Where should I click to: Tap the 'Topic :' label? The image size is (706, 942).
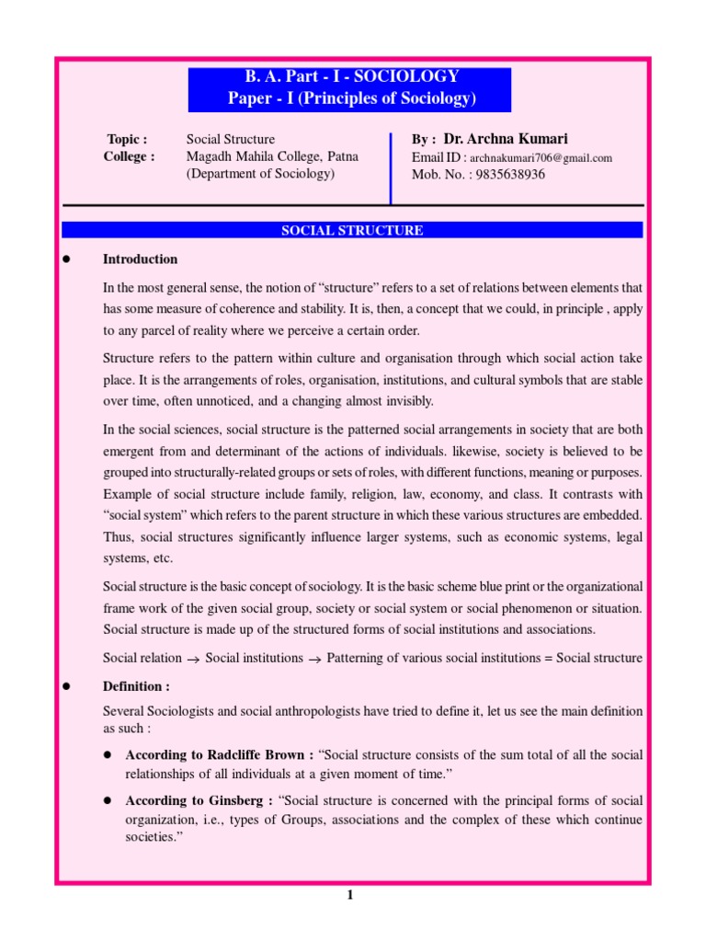127,140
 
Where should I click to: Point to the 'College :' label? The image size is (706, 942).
129,156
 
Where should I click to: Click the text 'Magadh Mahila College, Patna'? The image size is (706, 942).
271,156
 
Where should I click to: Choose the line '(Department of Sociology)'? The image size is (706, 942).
260,173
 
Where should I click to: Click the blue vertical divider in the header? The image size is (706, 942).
391,166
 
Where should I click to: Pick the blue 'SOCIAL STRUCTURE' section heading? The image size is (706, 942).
352,231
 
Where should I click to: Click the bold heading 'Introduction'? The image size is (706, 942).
140,259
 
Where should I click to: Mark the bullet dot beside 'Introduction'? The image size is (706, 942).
65,259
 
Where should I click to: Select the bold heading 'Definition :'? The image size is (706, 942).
136,687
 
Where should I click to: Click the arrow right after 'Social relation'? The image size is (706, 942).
193,659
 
